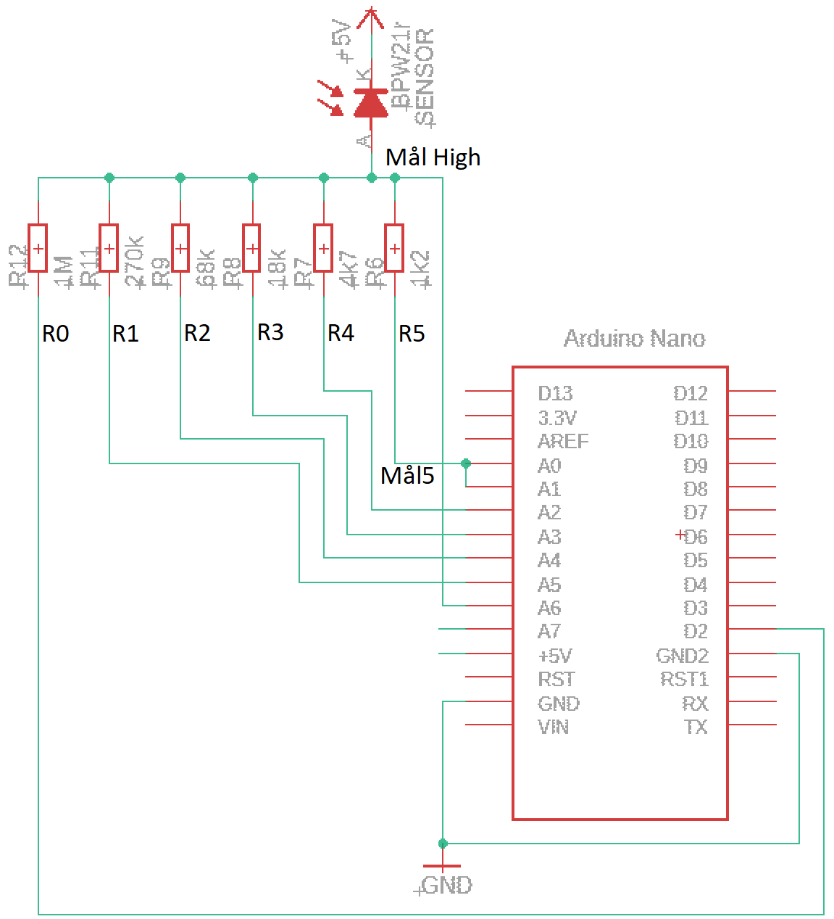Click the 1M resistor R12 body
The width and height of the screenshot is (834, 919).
point(38,248)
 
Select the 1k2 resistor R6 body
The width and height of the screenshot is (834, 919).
point(394,248)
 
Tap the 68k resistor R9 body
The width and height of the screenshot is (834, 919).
point(180,248)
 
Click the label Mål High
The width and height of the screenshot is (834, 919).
point(433,157)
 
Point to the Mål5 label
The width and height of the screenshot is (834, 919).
point(407,475)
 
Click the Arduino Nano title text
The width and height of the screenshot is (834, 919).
point(634,339)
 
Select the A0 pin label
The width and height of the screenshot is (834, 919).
point(549,466)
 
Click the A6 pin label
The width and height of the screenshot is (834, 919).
point(549,608)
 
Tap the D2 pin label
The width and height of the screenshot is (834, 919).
point(696,631)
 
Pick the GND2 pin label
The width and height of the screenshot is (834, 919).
point(682,656)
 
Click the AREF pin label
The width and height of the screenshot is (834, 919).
point(563,441)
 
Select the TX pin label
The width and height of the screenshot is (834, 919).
point(696,727)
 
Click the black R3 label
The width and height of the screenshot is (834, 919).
point(270,332)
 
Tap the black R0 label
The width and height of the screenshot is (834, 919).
point(55,334)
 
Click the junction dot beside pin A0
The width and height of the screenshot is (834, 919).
point(465,463)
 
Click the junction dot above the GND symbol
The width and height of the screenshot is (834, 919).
point(442,843)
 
